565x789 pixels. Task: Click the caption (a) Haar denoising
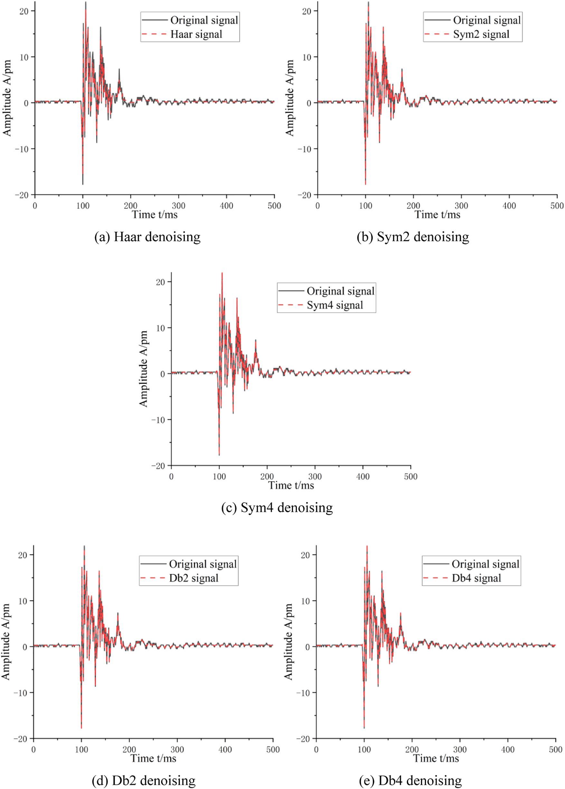tap(147, 237)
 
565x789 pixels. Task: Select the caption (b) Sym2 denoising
tap(413, 237)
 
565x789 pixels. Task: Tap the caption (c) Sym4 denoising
tap(277, 508)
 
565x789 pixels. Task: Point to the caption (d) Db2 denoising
tap(143, 780)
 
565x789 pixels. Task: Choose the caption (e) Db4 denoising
tap(410, 780)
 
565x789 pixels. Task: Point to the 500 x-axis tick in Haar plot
tap(274, 206)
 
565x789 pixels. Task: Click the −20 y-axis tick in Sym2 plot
tap(304, 195)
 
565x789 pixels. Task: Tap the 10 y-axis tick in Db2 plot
tap(23, 601)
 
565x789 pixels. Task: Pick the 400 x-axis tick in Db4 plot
tap(508, 749)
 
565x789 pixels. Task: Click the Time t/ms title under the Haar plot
tap(155, 215)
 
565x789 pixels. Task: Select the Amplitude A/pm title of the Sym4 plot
tap(143, 368)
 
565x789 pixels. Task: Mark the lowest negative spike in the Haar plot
tap(83, 184)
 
